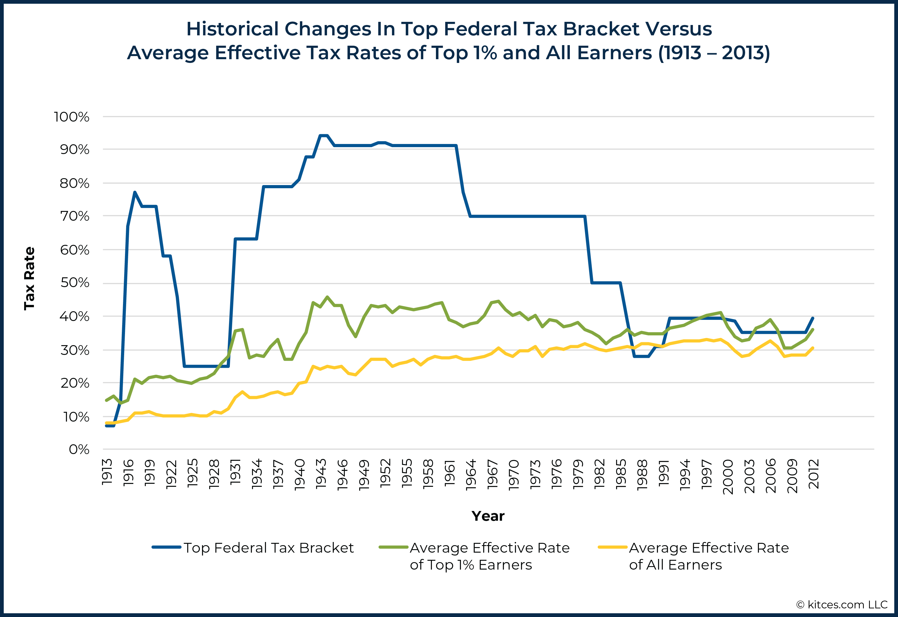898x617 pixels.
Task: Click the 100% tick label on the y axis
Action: tap(72, 117)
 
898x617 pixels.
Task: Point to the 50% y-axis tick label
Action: tap(75, 282)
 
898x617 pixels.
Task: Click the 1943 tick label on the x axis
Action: tap(321, 474)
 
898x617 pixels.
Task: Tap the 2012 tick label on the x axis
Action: tap(814, 474)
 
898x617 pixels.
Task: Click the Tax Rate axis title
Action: tap(29, 278)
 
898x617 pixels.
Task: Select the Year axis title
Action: tap(488, 516)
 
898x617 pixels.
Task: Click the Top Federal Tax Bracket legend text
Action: tap(268, 548)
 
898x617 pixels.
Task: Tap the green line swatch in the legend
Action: tap(393, 547)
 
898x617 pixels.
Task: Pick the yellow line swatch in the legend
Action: tap(612, 547)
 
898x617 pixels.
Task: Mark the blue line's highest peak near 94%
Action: tap(324, 135)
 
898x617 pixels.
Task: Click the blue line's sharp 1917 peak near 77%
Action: tap(134, 192)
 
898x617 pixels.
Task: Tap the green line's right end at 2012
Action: tap(813, 329)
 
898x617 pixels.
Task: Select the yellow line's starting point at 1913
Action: tap(106, 423)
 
